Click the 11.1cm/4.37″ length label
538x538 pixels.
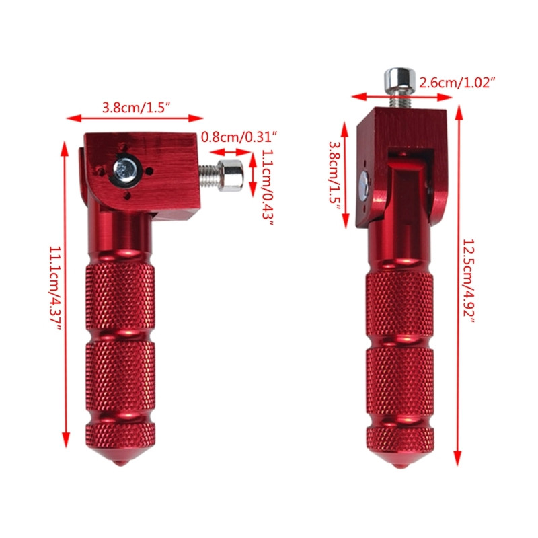[54, 289]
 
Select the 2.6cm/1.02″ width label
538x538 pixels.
[457, 83]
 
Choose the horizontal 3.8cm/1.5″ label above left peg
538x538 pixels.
[134, 106]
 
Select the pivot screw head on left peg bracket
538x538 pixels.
[124, 169]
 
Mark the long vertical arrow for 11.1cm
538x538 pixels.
[65, 289]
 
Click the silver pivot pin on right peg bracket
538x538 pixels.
[362, 186]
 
